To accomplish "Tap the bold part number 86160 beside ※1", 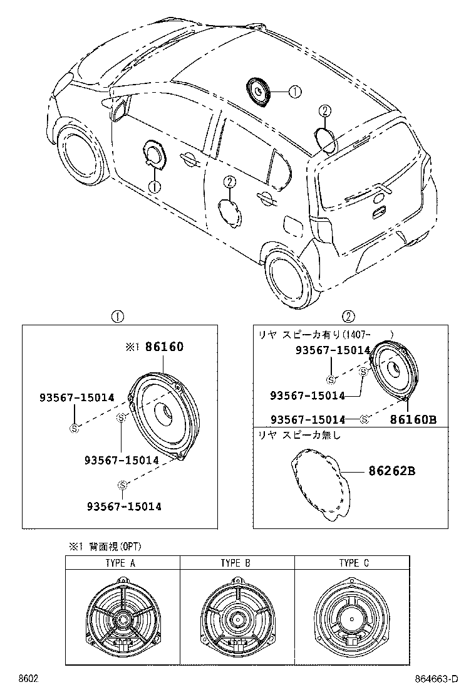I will [164, 347].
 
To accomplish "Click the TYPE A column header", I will [122, 563].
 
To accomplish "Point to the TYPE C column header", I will [354, 563].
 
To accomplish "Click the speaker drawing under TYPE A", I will [122, 617].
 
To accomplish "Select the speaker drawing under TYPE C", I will [352, 617].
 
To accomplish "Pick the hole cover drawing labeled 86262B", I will [321, 486].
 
